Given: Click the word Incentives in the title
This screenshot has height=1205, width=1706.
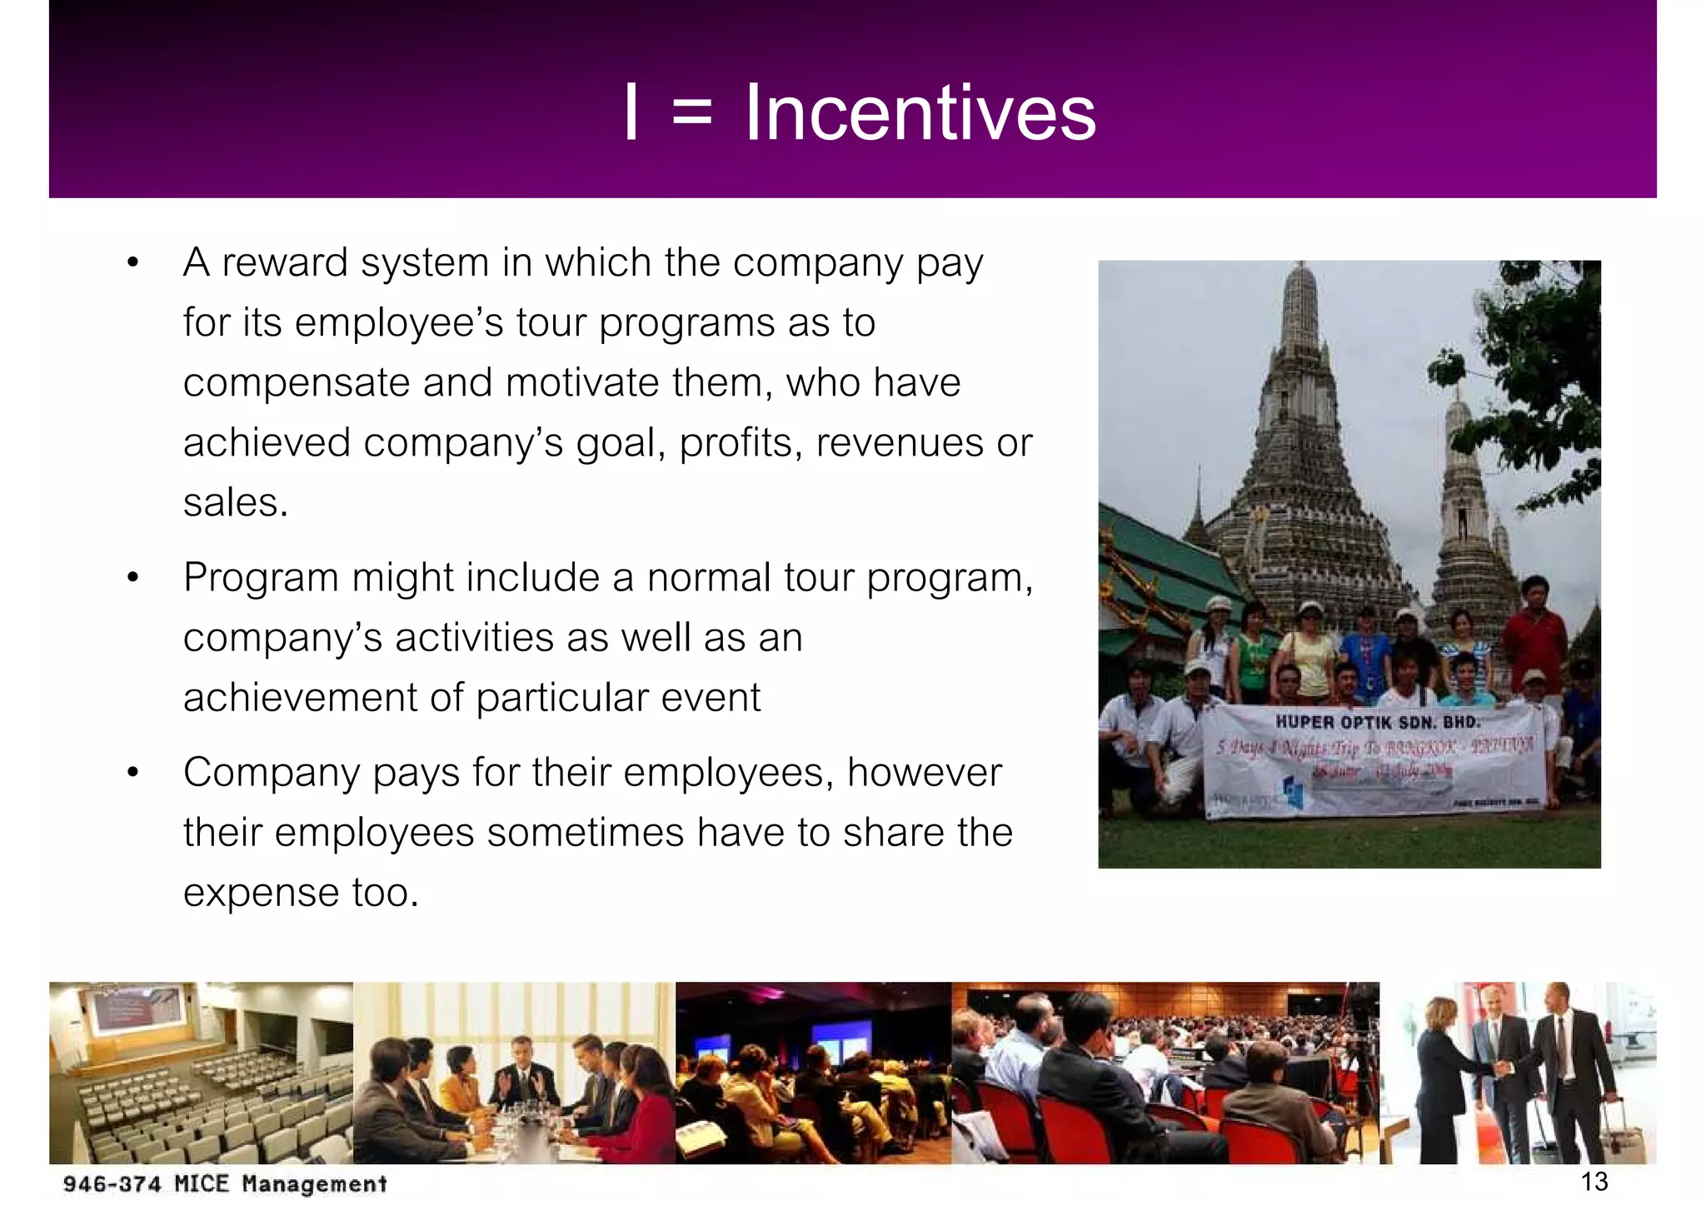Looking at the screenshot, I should (920, 113).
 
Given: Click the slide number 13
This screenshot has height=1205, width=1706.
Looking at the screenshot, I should (1594, 1181).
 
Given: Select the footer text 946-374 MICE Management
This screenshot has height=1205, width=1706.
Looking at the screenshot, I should (225, 1183).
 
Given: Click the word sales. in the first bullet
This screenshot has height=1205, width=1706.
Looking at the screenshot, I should (236, 502).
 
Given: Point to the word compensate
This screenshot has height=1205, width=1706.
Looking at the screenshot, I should (297, 384).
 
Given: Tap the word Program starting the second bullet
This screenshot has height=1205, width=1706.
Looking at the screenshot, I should (261, 578).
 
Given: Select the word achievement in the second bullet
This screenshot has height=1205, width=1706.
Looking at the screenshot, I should (299, 698).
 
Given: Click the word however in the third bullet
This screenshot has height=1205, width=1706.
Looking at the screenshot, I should (925, 773).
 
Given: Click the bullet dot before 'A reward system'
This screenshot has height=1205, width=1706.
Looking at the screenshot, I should (132, 264).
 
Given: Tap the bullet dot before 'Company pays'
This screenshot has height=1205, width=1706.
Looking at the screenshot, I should (132, 774).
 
